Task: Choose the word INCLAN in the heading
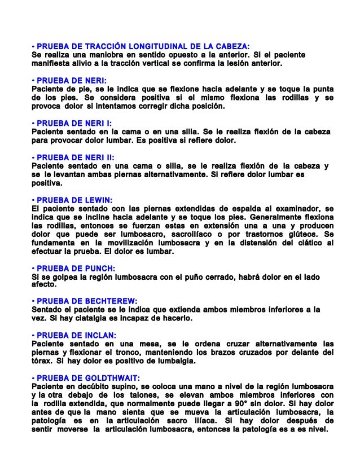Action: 99,335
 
